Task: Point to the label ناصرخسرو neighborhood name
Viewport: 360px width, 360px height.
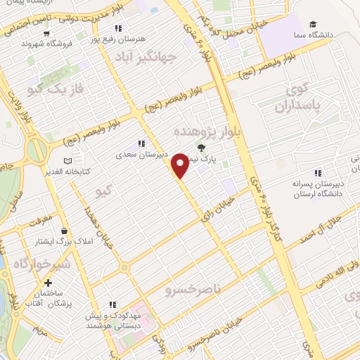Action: (x=193, y=289)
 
